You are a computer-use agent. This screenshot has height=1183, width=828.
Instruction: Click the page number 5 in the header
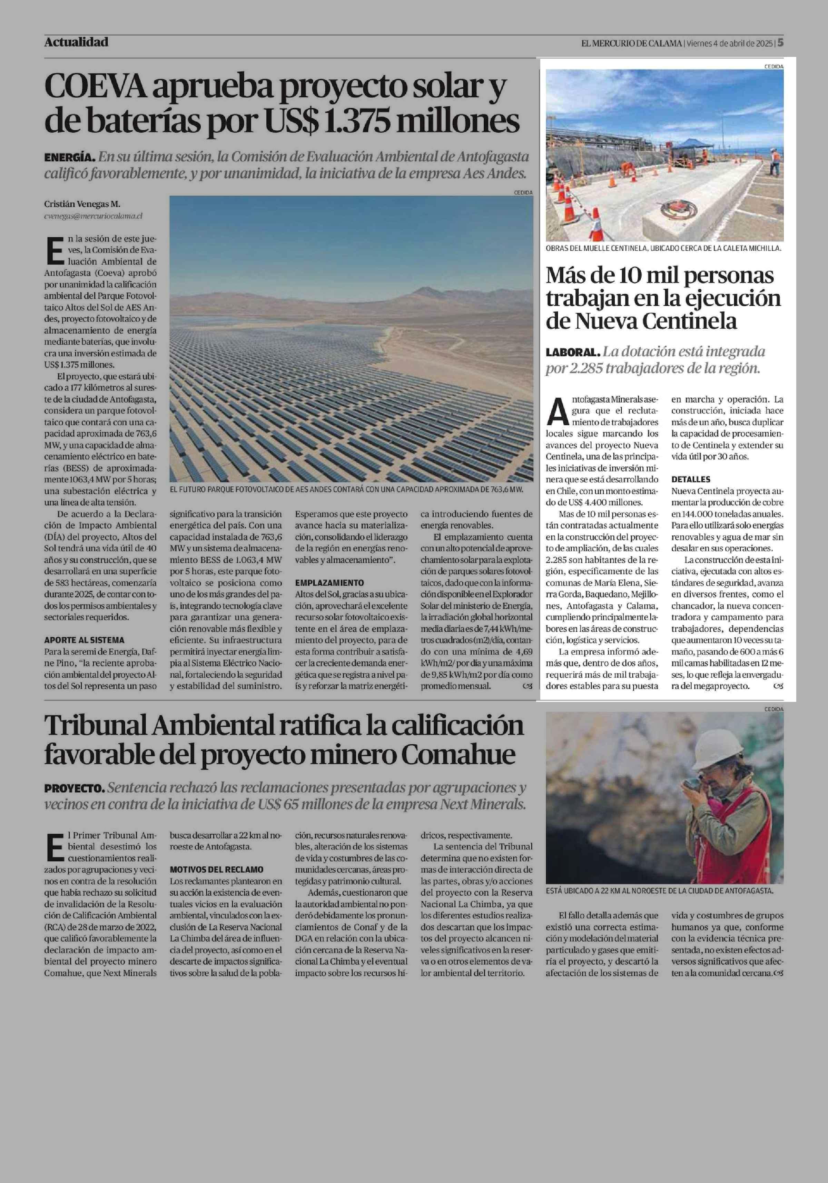pyautogui.click(x=781, y=43)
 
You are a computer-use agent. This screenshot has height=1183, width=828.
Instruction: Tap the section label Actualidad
pyautogui.click(x=76, y=42)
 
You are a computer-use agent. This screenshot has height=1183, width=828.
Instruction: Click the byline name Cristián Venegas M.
pyautogui.click(x=82, y=205)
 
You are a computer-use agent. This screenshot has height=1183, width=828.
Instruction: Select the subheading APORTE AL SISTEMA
pyautogui.click(x=84, y=640)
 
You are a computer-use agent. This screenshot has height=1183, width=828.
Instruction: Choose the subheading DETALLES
pyautogui.click(x=690, y=479)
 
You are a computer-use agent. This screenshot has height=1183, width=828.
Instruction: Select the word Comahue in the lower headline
pyautogui.click(x=458, y=754)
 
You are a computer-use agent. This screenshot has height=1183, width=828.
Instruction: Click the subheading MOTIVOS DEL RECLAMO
pyautogui.click(x=216, y=869)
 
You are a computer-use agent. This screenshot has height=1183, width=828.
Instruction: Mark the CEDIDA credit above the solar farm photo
pyautogui.click(x=523, y=192)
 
